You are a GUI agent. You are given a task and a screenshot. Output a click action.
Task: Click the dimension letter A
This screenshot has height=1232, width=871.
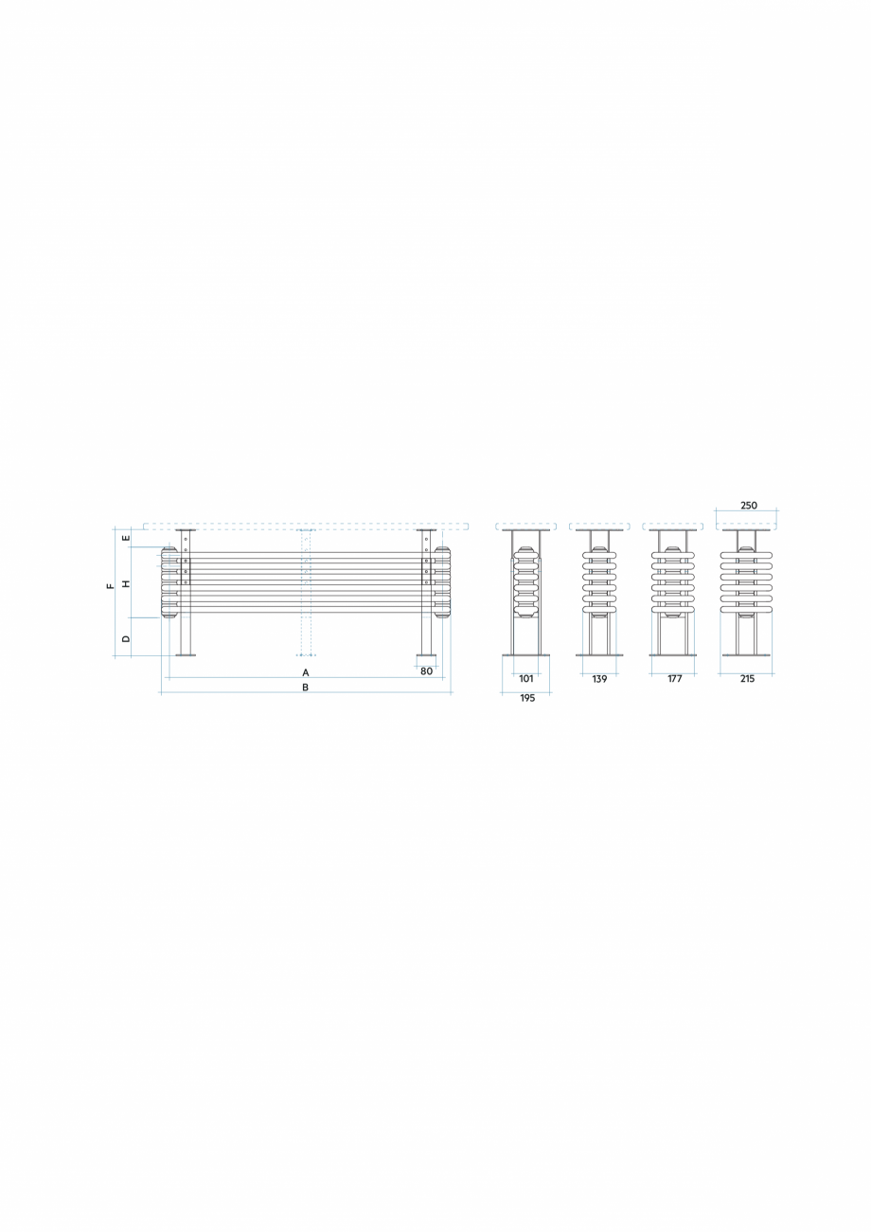[x=306, y=671]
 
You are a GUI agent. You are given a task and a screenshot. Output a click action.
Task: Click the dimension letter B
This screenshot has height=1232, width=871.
[x=305, y=687]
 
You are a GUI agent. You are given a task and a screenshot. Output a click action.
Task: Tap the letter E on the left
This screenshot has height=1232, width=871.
[x=126, y=540]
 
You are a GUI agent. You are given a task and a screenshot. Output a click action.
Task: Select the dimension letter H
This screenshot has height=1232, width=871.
[x=126, y=583]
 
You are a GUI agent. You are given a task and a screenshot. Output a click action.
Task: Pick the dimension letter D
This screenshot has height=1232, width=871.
[x=126, y=639]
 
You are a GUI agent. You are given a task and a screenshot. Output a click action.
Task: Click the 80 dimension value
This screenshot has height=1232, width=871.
[x=426, y=670]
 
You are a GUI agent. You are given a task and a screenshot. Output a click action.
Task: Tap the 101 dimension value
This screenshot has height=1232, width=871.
[x=526, y=678]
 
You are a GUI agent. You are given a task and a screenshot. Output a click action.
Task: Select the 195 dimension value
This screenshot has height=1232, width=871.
[x=527, y=697]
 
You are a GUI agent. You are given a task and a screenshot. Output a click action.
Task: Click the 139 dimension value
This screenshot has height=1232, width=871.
[x=599, y=678]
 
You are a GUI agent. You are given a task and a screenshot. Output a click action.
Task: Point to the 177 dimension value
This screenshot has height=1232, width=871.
[x=674, y=678]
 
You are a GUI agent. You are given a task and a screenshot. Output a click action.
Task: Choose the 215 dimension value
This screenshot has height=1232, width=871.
[x=747, y=678]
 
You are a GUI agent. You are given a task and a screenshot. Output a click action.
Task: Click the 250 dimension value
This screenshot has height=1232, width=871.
[x=748, y=506]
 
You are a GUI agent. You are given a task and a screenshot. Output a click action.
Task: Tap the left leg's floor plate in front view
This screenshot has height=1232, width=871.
[x=186, y=654]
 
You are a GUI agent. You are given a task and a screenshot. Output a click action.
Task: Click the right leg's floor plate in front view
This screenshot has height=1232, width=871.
[x=426, y=654]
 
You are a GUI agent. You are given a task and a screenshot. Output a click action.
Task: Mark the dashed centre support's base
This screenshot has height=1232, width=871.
[x=306, y=654]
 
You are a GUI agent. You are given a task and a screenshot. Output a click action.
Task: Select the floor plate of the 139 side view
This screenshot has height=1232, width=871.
[x=599, y=654]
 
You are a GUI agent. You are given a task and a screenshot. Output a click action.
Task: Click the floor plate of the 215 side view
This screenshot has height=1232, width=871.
[x=746, y=654]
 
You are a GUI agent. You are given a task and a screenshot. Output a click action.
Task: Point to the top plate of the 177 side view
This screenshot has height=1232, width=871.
[x=673, y=530]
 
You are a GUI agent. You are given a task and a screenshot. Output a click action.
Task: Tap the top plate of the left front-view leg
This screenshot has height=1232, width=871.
[x=186, y=530]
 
